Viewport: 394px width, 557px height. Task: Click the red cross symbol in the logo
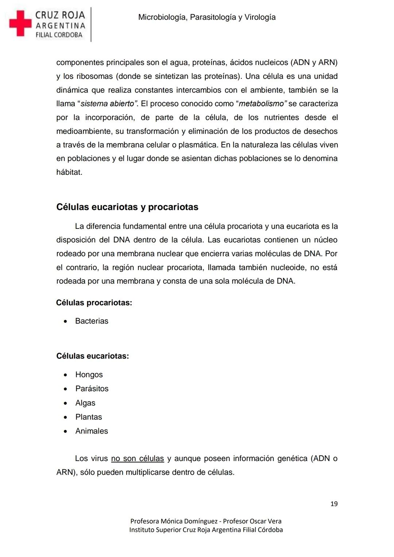click(20, 23)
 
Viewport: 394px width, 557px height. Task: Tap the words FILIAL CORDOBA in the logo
click(59, 35)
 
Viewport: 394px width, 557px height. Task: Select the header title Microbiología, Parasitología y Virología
click(207, 17)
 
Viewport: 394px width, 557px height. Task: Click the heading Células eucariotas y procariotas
click(127, 207)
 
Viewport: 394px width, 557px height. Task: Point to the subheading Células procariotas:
click(94, 303)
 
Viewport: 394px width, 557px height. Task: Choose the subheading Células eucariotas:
click(92, 356)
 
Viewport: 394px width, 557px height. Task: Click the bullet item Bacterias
click(92, 321)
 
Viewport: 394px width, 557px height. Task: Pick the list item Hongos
click(89, 374)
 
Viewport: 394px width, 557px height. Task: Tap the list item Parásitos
click(92, 388)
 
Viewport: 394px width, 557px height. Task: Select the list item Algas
click(85, 403)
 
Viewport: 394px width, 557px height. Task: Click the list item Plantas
click(89, 417)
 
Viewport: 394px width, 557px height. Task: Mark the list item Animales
click(92, 431)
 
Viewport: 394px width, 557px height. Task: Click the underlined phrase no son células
click(138, 458)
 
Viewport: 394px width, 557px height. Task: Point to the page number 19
click(334, 504)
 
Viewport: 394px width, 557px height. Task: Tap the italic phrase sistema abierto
click(107, 104)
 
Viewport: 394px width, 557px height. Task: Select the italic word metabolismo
click(261, 104)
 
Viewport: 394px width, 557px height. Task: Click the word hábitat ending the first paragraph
click(69, 172)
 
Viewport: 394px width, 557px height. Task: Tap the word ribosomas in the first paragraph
click(93, 76)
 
